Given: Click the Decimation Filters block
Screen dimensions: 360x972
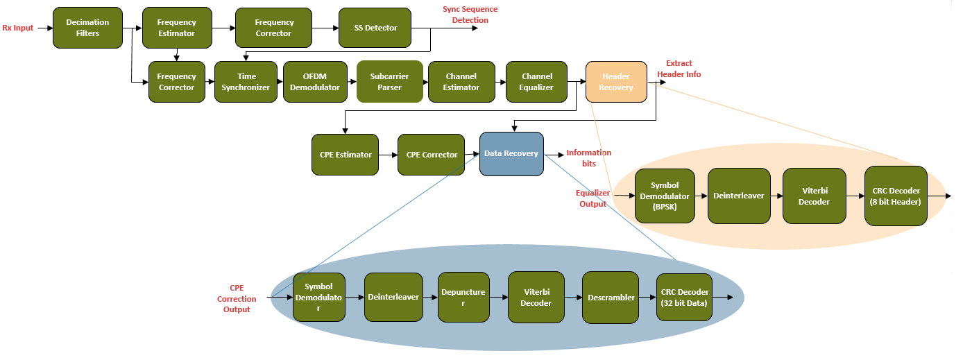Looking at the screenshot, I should pos(87,28).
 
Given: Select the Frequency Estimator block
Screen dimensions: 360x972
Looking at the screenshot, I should pos(177,28).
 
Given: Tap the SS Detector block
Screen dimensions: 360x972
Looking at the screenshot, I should pos(375,28).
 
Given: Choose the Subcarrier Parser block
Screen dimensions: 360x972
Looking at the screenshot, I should pos(390,82).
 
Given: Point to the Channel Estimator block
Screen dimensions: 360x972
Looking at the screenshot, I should pos(462,82).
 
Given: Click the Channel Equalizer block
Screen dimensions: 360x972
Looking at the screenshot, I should pos(537,82).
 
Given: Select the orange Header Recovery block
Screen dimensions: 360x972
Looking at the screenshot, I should pos(616,82).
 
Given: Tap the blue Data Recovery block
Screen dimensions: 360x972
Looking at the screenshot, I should pos(511,154).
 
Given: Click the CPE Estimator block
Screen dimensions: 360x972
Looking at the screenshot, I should pos(346,155).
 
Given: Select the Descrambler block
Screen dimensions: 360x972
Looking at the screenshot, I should pos(611,298).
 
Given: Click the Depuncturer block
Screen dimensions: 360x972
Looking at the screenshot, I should pos(464,298).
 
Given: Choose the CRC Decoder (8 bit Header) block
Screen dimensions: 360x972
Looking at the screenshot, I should pos(896,196).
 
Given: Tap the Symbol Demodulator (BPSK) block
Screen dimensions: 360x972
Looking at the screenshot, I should pos(665,196).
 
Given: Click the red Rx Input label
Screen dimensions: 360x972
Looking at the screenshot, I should pos(18,28).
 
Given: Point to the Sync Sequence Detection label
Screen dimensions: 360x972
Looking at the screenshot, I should pos(470,15).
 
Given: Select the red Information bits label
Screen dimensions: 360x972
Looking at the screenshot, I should pos(588,158).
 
